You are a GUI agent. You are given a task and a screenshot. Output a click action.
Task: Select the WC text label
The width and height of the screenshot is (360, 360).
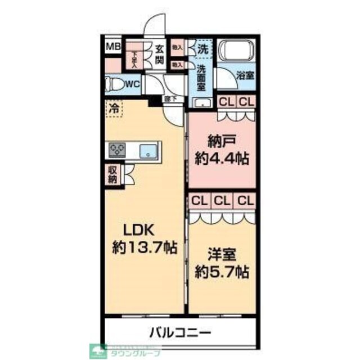coord(133,84)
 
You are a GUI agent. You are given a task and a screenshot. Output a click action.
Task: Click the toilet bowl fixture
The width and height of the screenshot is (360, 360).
coord(115,84)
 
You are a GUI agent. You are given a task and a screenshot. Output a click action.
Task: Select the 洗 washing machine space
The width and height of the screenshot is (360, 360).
coord(202,49)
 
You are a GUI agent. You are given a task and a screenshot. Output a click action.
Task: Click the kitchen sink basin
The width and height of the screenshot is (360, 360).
coord(149,150)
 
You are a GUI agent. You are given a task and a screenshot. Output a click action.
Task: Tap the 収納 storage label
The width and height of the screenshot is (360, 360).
coord(111,175)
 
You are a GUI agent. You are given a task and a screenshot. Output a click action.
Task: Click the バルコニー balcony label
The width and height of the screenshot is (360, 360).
coord(180,332)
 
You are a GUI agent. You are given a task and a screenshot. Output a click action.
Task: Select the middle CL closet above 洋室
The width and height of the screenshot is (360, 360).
coord(222,200)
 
